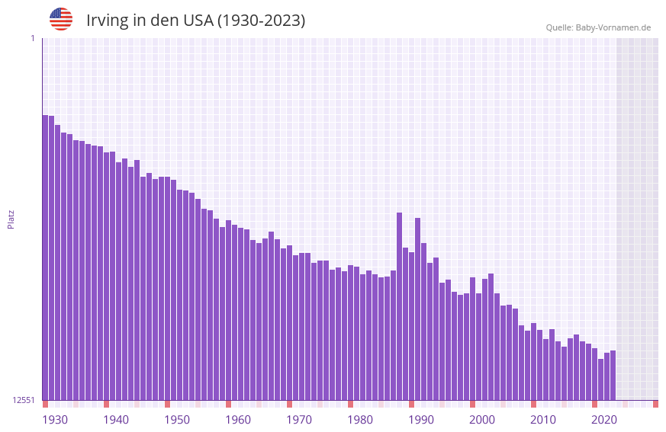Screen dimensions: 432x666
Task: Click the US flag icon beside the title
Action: pos(61,19)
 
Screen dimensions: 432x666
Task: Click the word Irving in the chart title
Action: pos(107,21)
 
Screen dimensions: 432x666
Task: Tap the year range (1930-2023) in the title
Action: pos(261,21)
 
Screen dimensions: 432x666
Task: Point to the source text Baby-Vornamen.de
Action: pos(613,27)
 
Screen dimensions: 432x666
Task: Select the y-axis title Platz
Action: pos(11,219)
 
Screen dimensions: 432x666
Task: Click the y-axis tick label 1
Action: pos(32,38)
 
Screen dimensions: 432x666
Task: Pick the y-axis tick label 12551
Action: pos(24,400)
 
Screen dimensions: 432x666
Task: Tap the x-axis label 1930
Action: pos(55,420)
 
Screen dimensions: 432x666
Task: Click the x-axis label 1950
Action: pos(177,420)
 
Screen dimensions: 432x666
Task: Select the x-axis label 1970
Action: pos(299,420)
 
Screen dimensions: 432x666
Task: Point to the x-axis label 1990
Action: pos(421,420)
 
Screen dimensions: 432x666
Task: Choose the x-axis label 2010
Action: pos(543,420)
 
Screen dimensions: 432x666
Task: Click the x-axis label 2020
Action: pos(604,420)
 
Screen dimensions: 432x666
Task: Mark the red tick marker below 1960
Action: pos(228,404)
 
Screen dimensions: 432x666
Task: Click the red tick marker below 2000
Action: pos(472,404)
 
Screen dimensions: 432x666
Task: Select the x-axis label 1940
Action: pos(116,420)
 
